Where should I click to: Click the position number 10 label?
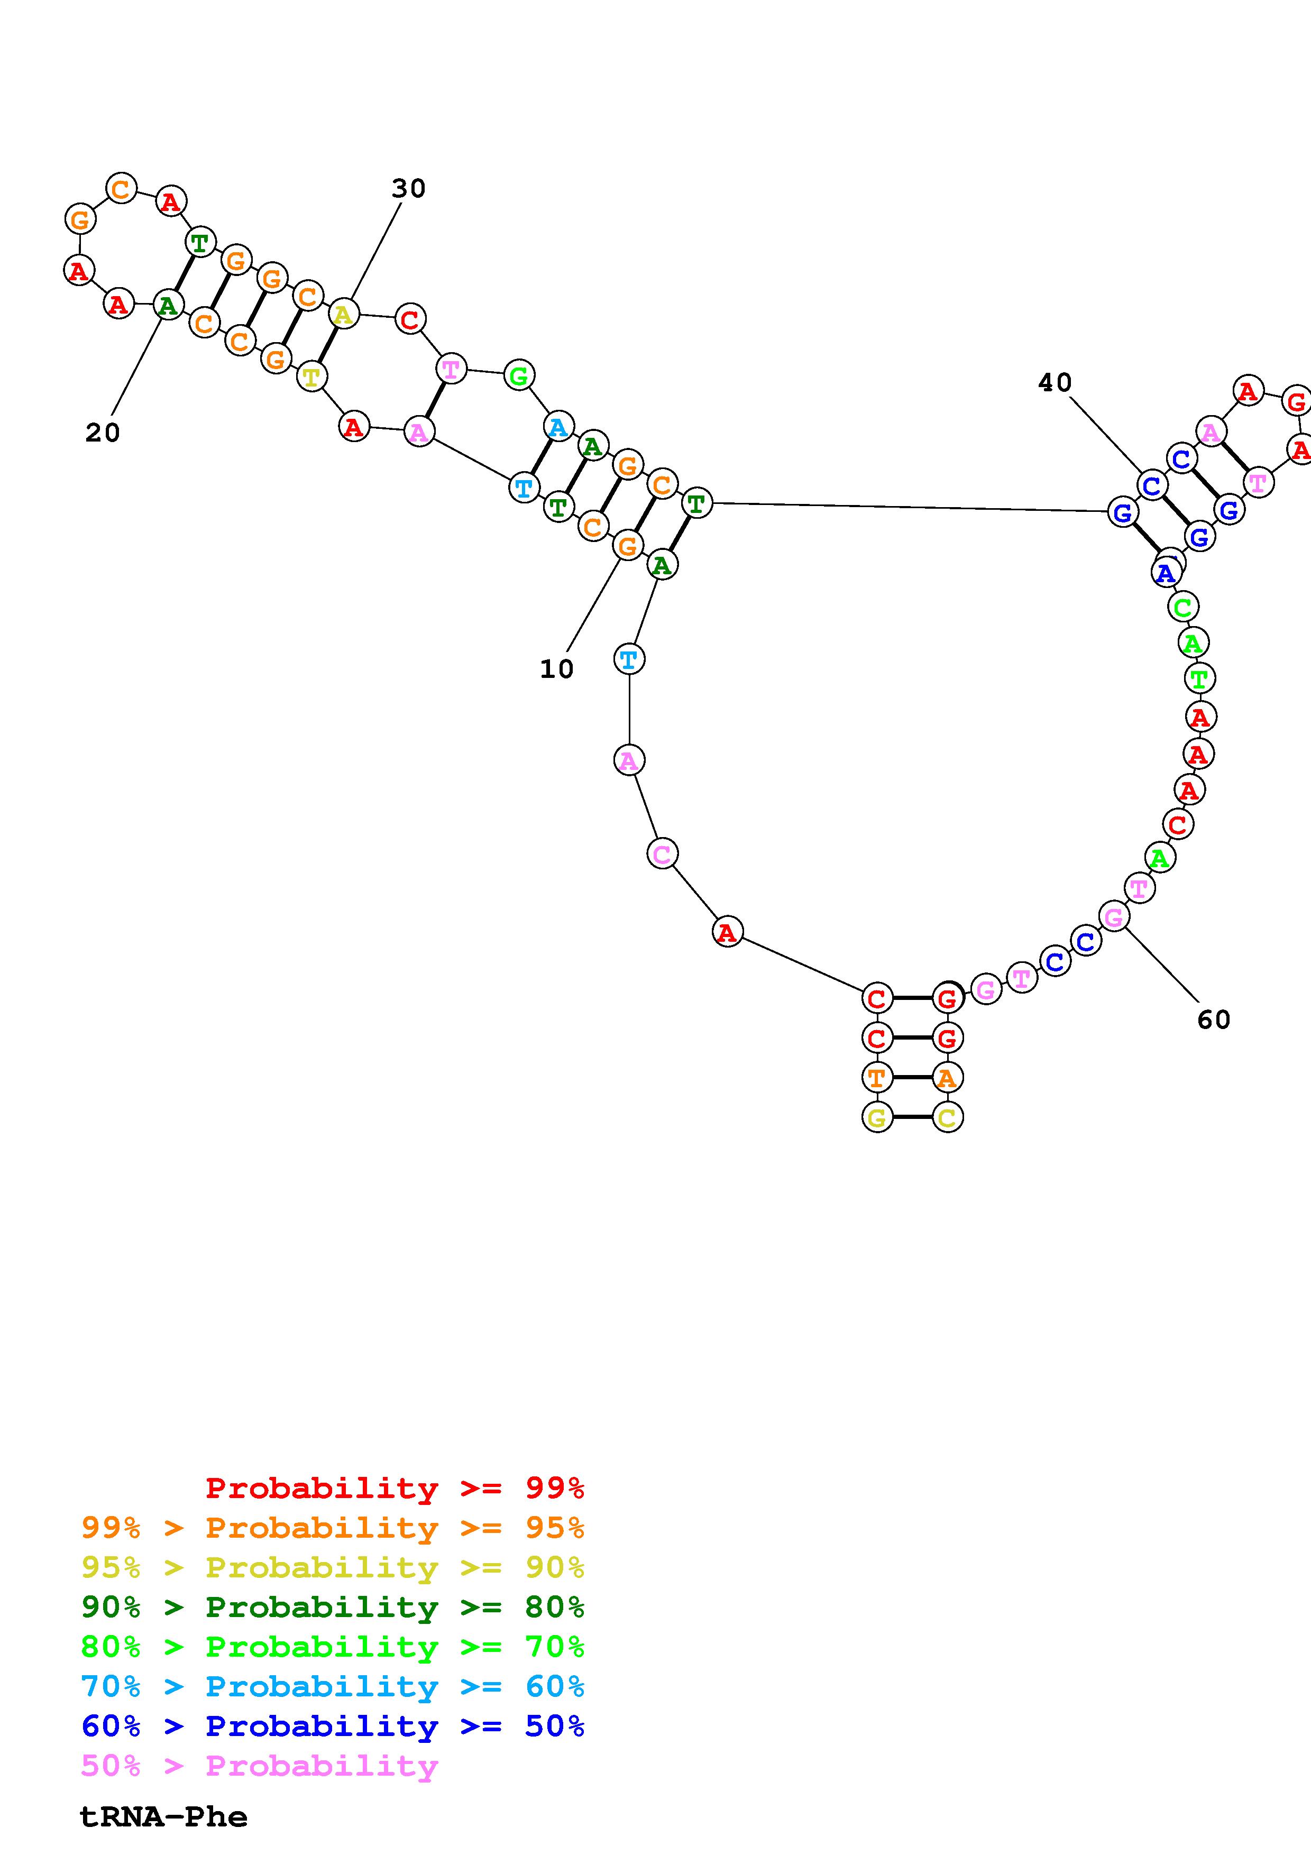click(556, 669)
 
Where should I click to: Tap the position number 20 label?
click(103, 433)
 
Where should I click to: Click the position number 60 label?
click(1213, 1020)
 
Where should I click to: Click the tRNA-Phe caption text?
click(163, 1817)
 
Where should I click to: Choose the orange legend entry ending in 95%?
click(333, 1528)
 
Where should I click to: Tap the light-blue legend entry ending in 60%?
click(333, 1686)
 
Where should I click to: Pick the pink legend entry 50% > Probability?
click(260, 1765)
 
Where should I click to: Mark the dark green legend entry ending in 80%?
click(333, 1607)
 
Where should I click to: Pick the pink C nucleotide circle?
click(662, 853)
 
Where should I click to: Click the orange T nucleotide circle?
click(876, 1077)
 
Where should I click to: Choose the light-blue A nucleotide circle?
click(557, 427)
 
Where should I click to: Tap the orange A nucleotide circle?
click(947, 1077)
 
